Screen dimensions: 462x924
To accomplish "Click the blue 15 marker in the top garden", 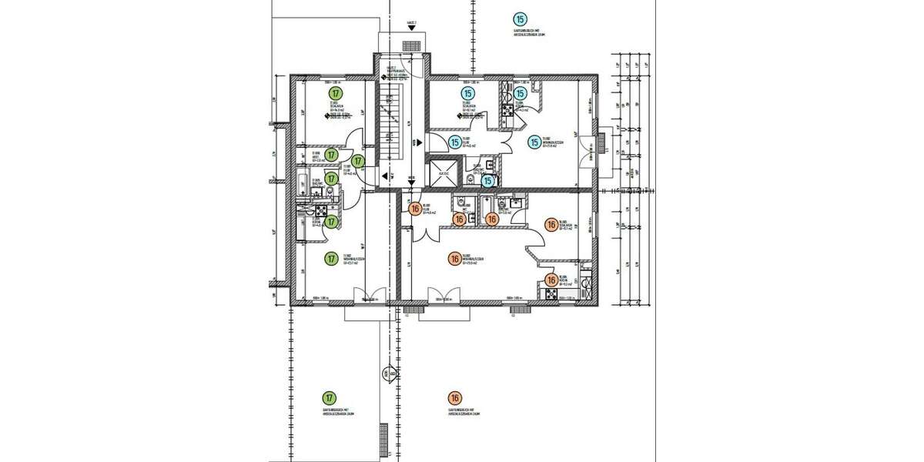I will coord(521,18).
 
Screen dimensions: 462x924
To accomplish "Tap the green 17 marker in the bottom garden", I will coord(330,398).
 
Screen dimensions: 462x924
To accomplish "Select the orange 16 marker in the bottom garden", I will coord(455,398).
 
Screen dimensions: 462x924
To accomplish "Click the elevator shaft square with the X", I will coord(442,172).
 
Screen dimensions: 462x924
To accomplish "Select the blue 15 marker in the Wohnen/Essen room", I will coord(534,142).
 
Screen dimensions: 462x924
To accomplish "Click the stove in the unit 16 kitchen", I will coord(551,295).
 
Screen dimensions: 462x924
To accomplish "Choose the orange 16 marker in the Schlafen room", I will coord(551,225).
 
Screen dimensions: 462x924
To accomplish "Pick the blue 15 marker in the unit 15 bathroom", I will coord(487,181).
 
